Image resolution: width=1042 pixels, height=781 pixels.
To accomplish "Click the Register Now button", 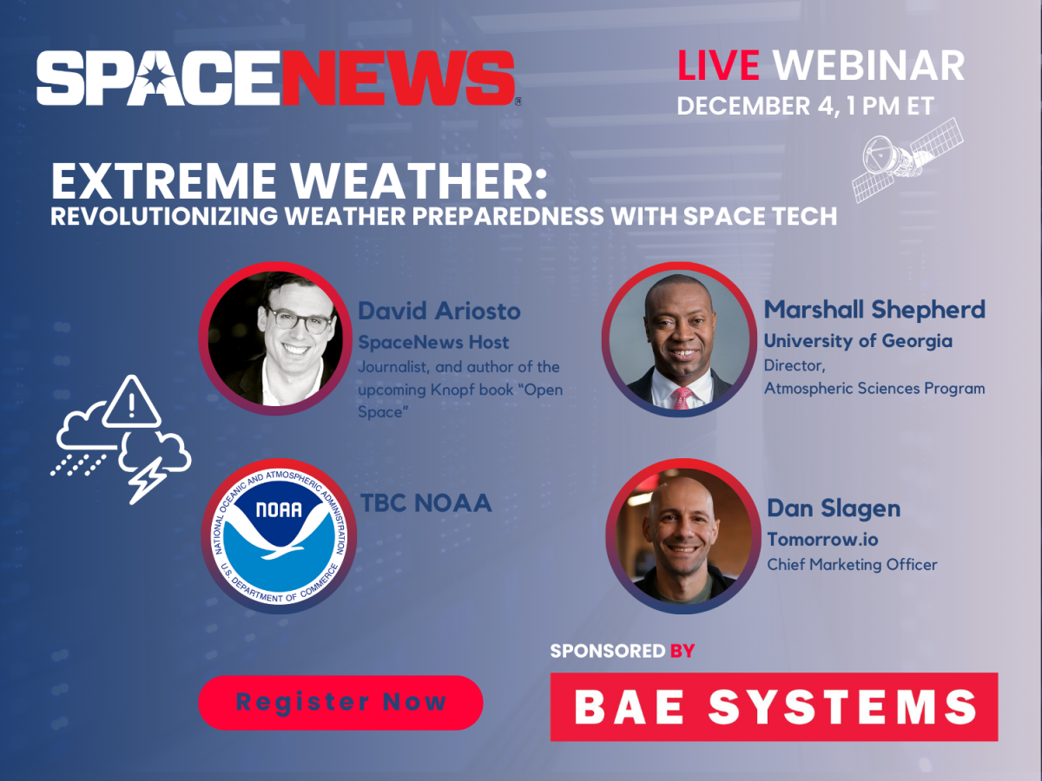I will pyautogui.click(x=340, y=702).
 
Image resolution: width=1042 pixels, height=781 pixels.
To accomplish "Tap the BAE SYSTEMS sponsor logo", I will pyautogui.click(x=774, y=706).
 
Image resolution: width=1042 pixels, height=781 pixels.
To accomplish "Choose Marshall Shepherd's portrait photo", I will pyautogui.click(x=678, y=338).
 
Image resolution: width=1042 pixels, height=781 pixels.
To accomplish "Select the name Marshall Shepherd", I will pyautogui.click(x=874, y=309).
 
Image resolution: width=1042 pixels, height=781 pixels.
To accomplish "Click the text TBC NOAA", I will pyautogui.click(x=425, y=502).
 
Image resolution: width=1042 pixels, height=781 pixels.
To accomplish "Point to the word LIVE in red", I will pyautogui.click(x=719, y=65).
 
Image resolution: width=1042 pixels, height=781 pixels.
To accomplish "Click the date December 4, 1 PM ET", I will pyautogui.click(x=805, y=106).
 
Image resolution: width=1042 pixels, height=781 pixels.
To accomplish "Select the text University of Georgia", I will pyautogui.click(x=858, y=341).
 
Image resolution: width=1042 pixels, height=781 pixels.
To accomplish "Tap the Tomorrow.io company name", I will pyautogui.click(x=822, y=539).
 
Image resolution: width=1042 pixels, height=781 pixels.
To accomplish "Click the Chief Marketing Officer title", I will pyautogui.click(x=852, y=565).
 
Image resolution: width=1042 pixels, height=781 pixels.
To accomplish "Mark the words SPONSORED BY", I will pyautogui.click(x=622, y=650).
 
